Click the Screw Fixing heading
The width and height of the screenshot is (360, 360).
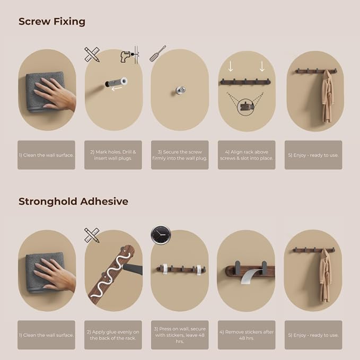(x=52, y=22)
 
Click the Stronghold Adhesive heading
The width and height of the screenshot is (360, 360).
(x=73, y=201)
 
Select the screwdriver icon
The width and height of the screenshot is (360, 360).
(x=157, y=54)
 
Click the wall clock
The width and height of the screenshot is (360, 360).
(x=161, y=235)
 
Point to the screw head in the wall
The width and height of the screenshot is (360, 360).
(x=180, y=90)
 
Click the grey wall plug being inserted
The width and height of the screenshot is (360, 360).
(x=116, y=82)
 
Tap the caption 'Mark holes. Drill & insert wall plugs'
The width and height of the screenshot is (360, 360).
(x=113, y=155)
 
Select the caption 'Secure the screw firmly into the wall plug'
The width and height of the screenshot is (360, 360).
(x=180, y=155)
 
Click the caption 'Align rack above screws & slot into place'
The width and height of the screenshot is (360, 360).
(x=247, y=155)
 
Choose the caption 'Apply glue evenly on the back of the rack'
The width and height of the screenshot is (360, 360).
(x=113, y=335)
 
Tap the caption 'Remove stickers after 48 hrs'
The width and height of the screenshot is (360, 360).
(x=247, y=335)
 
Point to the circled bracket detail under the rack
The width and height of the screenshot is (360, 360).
(x=246, y=107)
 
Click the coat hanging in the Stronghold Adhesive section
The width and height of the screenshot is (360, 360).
(x=326, y=275)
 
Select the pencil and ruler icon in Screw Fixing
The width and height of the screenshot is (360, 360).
(x=92, y=55)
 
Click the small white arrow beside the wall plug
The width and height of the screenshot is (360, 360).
(x=117, y=89)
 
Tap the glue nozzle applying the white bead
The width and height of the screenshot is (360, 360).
(x=132, y=269)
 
